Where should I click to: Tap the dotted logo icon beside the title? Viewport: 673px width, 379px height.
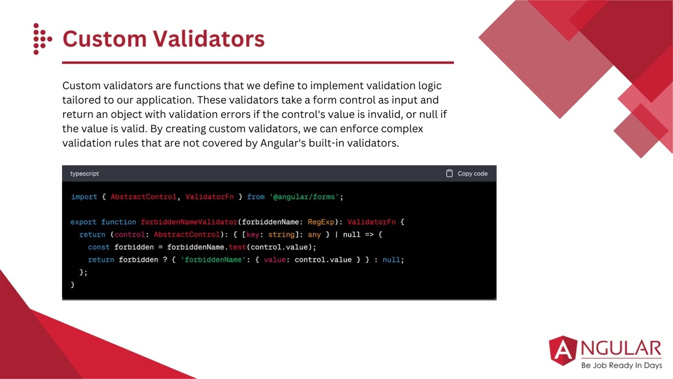point(42,39)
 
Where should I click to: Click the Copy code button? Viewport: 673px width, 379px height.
point(466,174)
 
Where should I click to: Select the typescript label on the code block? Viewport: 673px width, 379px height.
point(84,174)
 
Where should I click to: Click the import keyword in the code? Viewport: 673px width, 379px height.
point(84,197)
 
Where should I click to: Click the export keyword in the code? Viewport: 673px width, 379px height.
point(84,222)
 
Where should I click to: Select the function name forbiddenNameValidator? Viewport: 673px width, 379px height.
point(189,222)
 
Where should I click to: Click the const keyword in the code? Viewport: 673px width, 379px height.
point(99,247)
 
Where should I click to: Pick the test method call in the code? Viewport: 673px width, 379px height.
point(237,247)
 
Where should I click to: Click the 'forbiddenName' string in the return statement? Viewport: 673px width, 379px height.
point(213,260)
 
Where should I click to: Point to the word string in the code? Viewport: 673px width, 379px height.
point(281,235)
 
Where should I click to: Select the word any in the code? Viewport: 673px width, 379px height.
point(314,235)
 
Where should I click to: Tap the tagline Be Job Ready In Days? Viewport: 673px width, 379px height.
point(621,365)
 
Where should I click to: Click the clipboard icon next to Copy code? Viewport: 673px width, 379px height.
point(450,174)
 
